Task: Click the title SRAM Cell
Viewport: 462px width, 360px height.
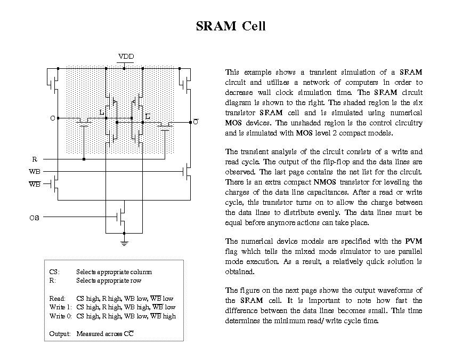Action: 230,26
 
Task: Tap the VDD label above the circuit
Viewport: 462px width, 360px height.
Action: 126,57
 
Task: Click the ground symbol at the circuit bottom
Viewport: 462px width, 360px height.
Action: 124,242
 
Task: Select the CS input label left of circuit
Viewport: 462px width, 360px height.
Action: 34,218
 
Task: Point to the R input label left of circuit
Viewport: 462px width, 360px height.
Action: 35,159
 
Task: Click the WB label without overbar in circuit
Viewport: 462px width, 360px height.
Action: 35,172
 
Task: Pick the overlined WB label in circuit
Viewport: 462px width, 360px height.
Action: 35,185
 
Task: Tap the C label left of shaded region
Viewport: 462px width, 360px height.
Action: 52,118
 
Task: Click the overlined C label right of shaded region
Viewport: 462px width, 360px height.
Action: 196,122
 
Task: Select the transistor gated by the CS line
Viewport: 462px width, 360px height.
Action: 122,217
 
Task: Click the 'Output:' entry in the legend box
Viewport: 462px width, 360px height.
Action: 60,334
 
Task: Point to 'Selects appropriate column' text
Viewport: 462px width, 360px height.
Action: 114,271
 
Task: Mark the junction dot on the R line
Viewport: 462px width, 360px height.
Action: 84,159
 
